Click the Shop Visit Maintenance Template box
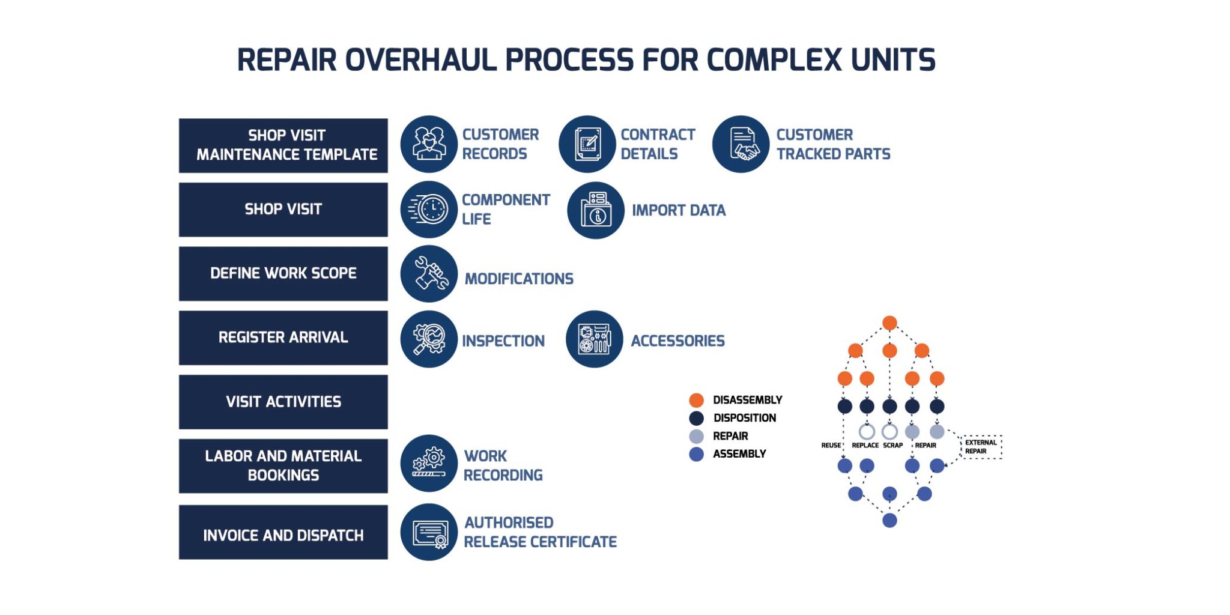coord(283,145)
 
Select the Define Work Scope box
coord(283,273)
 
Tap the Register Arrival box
coord(283,338)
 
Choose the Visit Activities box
coord(283,402)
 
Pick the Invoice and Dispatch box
coord(283,533)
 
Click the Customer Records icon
coord(429,144)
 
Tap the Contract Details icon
coord(587,144)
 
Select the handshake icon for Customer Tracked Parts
coord(741,144)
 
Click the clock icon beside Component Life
coord(429,210)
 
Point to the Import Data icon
coord(595,210)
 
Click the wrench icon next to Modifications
coord(429,274)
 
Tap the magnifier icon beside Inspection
coord(429,339)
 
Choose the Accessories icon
coord(594,339)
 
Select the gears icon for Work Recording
coord(429,463)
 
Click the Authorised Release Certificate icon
coord(429,532)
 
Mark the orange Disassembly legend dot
coord(696,400)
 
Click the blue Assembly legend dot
coord(696,454)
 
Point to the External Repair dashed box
coord(981,447)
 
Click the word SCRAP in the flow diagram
coord(892,445)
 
